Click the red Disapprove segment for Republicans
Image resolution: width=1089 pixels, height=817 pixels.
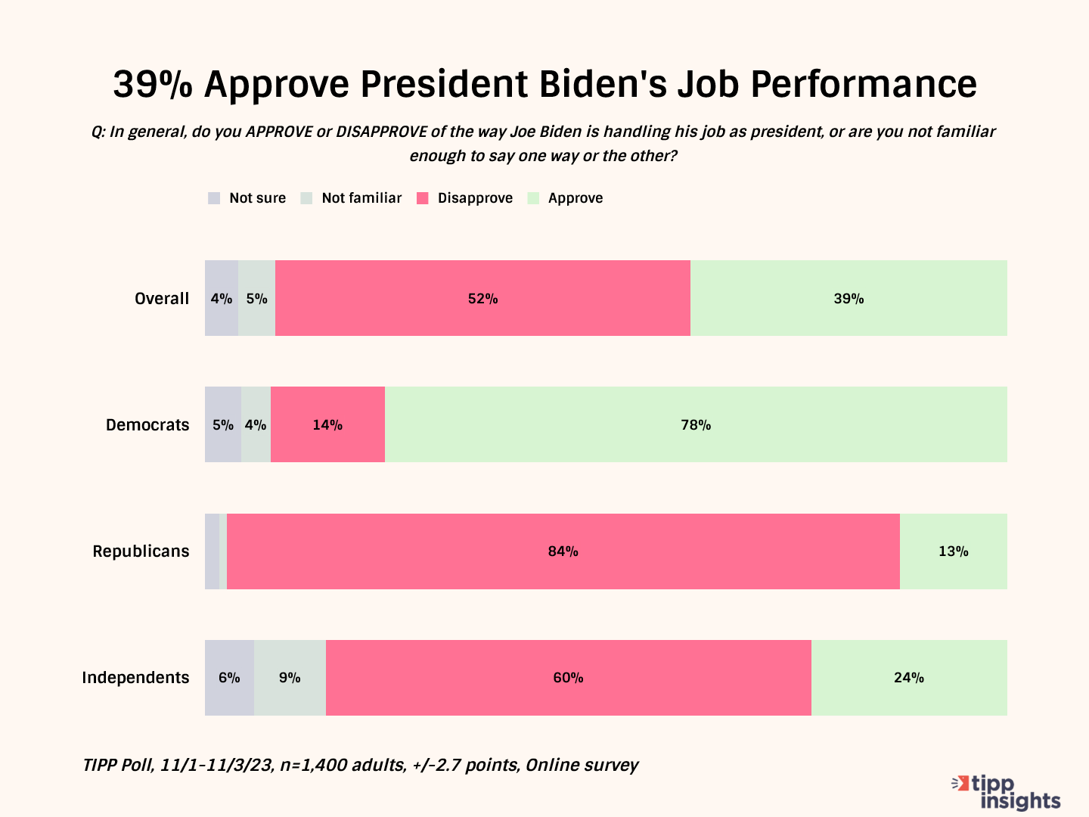click(x=563, y=551)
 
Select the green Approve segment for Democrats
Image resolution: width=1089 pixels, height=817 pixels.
click(x=696, y=425)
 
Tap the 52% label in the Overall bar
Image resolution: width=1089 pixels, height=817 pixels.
click(x=482, y=299)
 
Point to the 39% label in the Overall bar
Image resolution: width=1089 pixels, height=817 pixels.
click(x=849, y=299)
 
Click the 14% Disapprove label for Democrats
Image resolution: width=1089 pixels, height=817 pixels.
click(x=327, y=425)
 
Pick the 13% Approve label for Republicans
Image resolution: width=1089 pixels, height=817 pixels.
click(x=953, y=551)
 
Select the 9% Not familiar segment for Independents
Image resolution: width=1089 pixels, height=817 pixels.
click(x=290, y=678)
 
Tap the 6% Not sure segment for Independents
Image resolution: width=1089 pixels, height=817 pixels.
click(x=229, y=678)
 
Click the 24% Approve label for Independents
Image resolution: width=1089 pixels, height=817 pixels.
click(x=909, y=678)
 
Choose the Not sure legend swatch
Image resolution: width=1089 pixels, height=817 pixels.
click(x=214, y=198)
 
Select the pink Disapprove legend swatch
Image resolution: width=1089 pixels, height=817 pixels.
click(x=423, y=198)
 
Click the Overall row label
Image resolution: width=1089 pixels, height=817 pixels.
click(x=162, y=299)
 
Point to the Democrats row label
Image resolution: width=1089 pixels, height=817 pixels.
click(x=147, y=425)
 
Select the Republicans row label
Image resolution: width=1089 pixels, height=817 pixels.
click(x=141, y=551)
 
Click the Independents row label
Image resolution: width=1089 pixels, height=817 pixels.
click(x=135, y=678)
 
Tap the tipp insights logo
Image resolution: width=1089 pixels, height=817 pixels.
click(x=1007, y=792)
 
